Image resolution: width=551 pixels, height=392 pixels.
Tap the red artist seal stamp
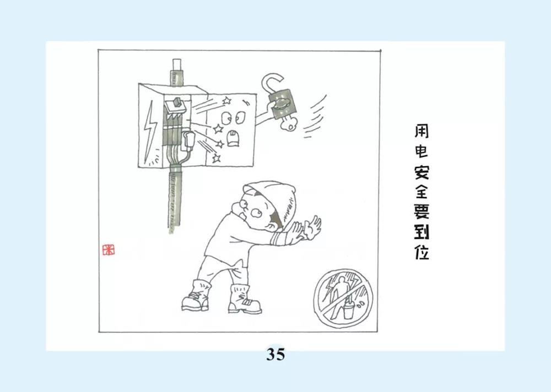coord(109,250)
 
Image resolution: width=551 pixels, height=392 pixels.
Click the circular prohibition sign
coord(343,299)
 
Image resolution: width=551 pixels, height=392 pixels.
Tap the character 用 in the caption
coord(422,130)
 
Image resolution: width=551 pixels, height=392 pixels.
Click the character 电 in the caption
coord(422,151)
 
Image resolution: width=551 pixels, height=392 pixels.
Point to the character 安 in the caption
coord(422,171)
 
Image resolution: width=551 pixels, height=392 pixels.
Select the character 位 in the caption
coord(422,252)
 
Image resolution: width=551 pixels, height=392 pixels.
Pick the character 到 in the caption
coord(422,231)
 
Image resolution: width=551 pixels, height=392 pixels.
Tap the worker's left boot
coord(196,296)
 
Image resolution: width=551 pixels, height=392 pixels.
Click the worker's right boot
coord(244,300)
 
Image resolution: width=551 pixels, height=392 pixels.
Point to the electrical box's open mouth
coord(233,138)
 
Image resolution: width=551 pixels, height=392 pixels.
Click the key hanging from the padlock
coord(288,123)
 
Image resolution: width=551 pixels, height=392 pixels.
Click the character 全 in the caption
coord(422,192)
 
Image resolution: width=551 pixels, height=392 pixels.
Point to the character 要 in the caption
coord(422,211)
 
